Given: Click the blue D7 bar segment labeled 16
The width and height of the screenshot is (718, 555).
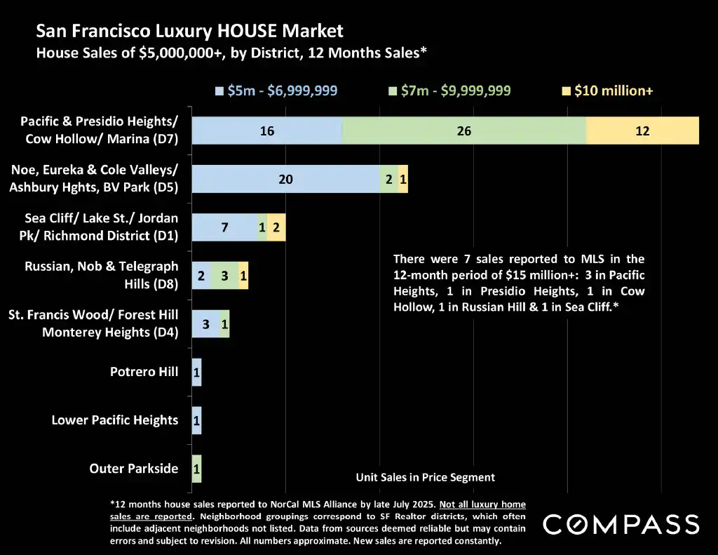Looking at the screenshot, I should pos(266,131).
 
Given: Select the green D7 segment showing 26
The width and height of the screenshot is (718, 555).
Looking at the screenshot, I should pos(463,131).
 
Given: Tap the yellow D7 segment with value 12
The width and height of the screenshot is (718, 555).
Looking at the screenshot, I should pos(642,131).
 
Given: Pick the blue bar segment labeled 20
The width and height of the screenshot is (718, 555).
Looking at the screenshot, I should pos(285,179).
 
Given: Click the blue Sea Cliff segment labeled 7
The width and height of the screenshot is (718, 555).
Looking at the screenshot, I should pos(224,227).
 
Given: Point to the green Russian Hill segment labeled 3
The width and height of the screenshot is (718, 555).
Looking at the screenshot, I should pos(224,276).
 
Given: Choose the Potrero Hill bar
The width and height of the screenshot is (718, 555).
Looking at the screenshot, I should pos(196,372).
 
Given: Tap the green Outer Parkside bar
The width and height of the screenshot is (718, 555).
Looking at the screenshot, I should pos(196,468).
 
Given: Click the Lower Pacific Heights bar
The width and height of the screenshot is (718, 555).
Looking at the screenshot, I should pos(196,420).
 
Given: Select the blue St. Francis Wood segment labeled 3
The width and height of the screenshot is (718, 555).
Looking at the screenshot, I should pos(205,324).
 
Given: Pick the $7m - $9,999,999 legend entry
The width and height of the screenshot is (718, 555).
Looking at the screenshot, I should pos(449,91).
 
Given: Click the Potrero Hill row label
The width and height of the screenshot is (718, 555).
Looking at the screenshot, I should pos(144,372).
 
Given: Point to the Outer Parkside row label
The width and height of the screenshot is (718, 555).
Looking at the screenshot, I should pos(134,468).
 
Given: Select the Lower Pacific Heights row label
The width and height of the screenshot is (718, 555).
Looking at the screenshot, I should pos(115,420).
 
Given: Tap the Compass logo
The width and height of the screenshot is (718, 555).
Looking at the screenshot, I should pos(621,524).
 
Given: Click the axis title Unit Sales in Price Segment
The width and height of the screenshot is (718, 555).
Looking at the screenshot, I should pos(425,477).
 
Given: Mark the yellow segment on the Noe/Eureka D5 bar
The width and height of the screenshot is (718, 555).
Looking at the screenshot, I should pos(403,179).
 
